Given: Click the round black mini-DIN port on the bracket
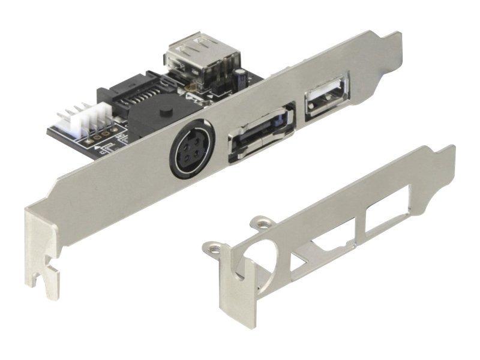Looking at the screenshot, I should pyautogui.click(x=188, y=149).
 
